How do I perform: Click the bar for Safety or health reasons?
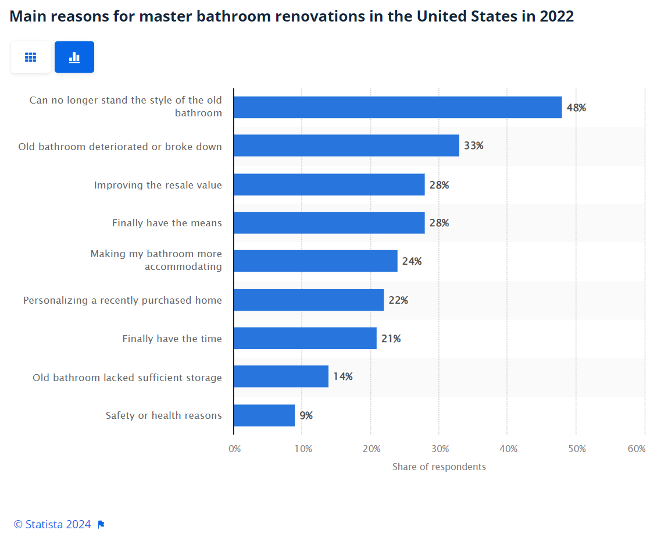(x=265, y=415)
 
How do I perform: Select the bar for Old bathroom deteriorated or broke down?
(x=346, y=145)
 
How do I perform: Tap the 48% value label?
(x=576, y=108)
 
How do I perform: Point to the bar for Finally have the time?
(x=305, y=339)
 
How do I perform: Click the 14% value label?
(x=343, y=376)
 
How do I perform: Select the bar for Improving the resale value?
(x=329, y=184)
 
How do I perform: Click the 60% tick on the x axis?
(x=637, y=449)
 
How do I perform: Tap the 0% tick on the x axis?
(x=234, y=449)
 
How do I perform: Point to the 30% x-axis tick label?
(x=440, y=449)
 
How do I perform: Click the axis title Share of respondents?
(x=439, y=467)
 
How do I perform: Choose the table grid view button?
(x=30, y=57)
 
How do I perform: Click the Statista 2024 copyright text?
(x=52, y=524)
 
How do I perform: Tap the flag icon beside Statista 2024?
(x=101, y=524)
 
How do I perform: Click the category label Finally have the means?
(x=167, y=223)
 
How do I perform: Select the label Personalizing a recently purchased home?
(x=123, y=300)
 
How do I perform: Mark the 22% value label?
(x=398, y=300)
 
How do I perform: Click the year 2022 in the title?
(x=556, y=16)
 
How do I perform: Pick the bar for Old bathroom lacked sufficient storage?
(x=281, y=376)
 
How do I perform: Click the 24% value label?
(x=412, y=261)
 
